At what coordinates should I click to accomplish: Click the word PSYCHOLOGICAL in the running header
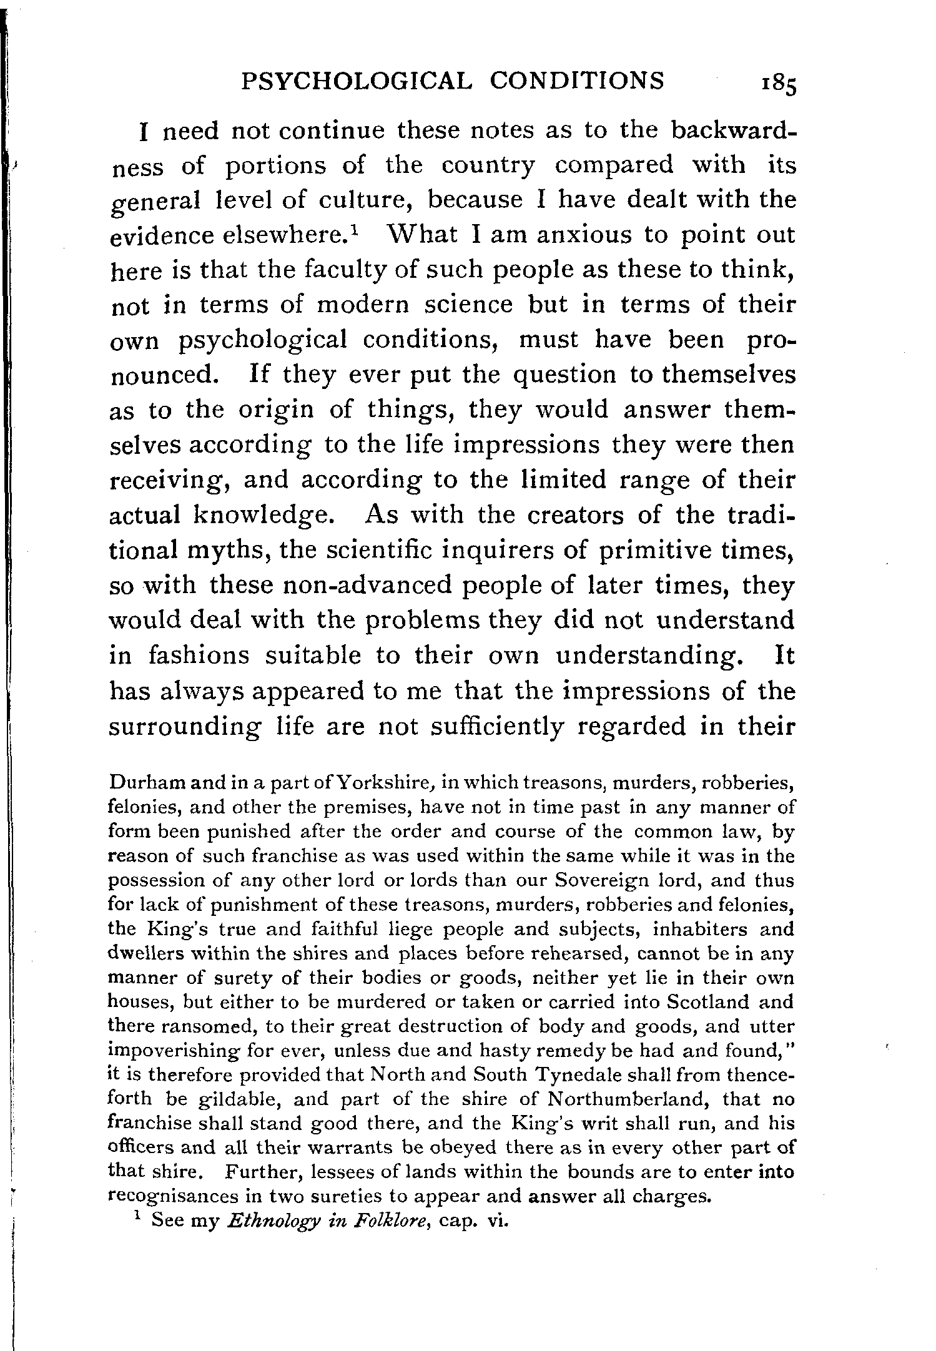[354, 81]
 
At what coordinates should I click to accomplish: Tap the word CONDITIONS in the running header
[577, 81]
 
